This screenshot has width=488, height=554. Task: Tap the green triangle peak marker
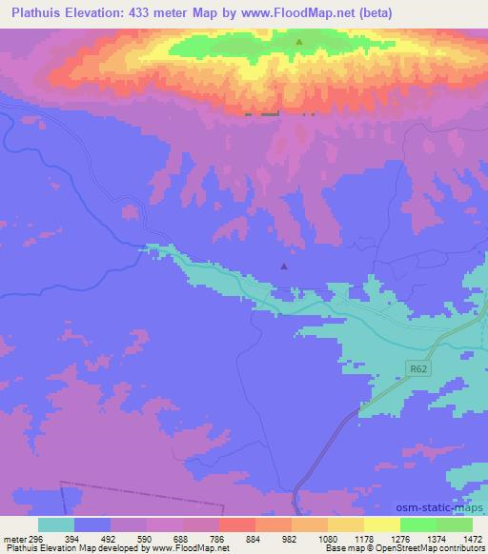[x=299, y=42]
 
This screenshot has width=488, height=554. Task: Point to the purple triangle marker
[x=283, y=267]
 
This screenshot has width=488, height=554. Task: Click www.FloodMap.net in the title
[x=293, y=13]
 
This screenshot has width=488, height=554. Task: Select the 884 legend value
[x=253, y=538]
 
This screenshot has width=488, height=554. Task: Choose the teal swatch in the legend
[x=56, y=524]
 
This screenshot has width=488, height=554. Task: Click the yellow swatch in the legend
[x=382, y=524]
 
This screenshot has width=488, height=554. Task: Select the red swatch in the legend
[x=236, y=524]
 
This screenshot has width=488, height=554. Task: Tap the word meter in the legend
[x=11, y=538]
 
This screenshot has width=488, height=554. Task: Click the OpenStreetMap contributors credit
[x=428, y=548]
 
